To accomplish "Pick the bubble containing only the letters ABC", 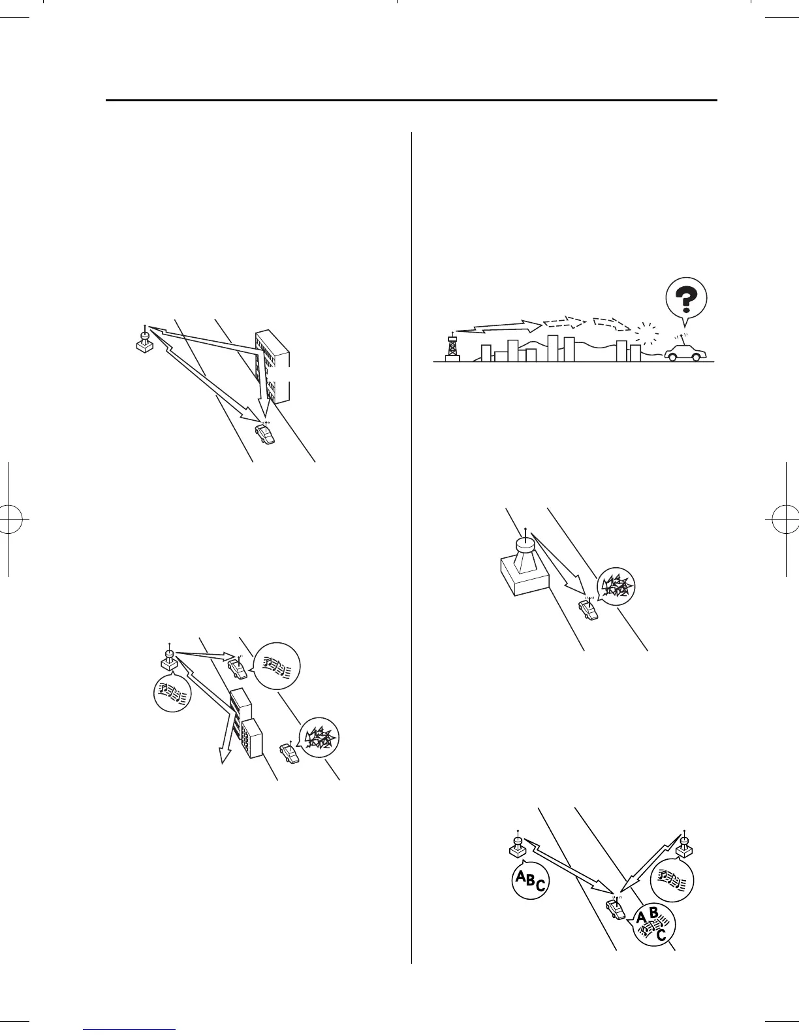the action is click(x=529, y=883).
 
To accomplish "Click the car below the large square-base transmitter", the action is click(x=587, y=609).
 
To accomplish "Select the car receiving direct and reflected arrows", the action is click(x=264, y=433).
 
